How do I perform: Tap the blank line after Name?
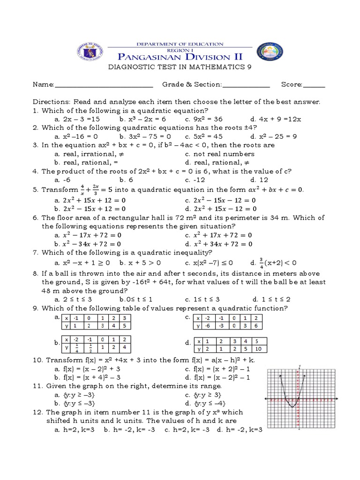[104, 85]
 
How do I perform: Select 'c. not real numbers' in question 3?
[216, 154]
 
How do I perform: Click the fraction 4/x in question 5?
[82, 189]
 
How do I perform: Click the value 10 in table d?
[259, 349]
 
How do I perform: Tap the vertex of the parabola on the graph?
[291, 407]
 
